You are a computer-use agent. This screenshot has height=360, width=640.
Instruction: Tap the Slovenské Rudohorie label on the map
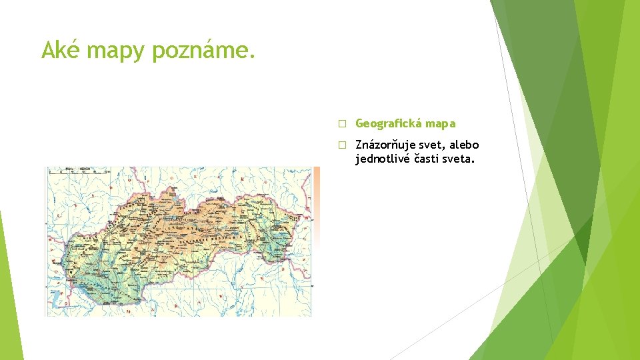213,238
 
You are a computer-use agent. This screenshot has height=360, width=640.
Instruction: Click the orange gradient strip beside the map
317,200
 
